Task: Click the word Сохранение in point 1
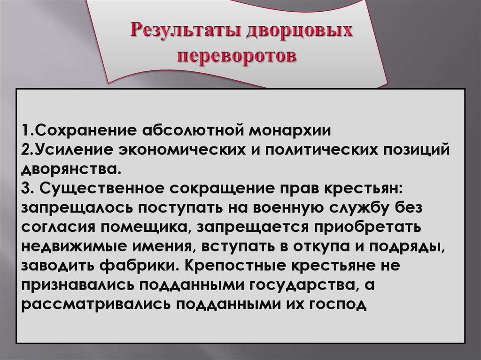click(x=85, y=129)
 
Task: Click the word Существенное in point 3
click(x=104, y=187)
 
